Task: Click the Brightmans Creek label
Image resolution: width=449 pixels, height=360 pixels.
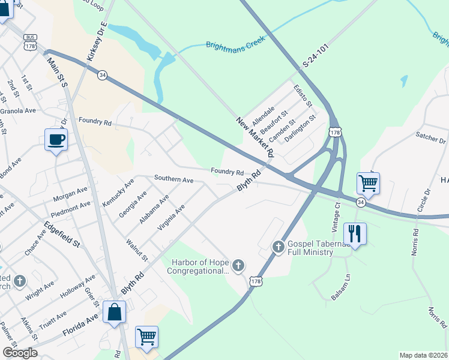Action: coord(235,45)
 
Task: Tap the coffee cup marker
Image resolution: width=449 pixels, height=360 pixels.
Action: coord(56,140)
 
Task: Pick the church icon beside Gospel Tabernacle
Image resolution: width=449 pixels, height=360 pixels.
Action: coord(278,246)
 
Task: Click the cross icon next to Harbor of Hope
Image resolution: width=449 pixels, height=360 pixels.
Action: coord(238,265)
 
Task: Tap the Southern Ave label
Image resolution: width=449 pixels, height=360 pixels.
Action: coord(173,179)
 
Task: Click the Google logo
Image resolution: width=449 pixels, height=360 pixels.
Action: coord(20,353)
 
